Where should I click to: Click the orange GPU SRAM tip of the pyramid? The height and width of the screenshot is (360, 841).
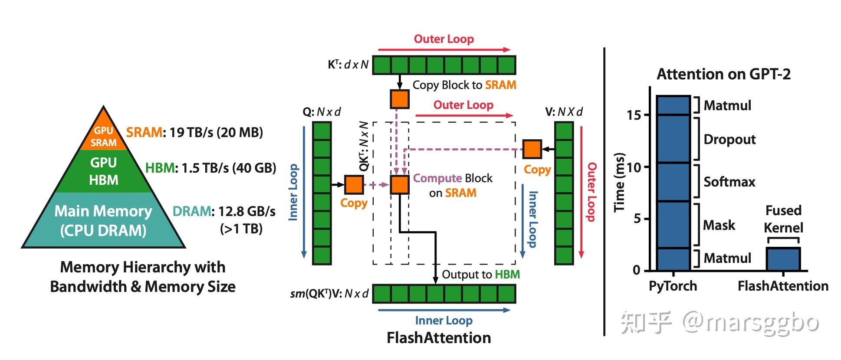click(x=104, y=132)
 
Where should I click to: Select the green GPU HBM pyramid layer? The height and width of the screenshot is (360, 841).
click(x=104, y=171)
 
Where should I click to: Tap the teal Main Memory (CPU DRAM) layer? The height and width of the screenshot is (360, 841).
click(x=104, y=220)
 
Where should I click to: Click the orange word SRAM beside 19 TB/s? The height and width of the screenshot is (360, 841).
click(x=144, y=132)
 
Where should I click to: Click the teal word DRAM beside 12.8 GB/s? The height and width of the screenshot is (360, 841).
click(x=192, y=211)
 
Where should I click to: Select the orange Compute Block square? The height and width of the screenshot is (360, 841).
click(x=400, y=185)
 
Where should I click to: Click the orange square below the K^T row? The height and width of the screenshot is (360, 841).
click(x=400, y=99)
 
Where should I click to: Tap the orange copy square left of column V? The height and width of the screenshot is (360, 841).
click(x=532, y=149)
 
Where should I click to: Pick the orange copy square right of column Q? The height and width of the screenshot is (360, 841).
click(x=354, y=185)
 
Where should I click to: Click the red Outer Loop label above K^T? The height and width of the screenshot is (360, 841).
click(x=443, y=39)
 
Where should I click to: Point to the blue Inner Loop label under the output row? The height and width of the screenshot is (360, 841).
click(x=443, y=321)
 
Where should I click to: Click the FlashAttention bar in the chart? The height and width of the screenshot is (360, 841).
click(x=783, y=259)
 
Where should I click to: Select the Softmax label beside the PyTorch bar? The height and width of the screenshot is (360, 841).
click(x=729, y=182)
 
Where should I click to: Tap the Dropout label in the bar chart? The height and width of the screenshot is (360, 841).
click(x=729, y=139)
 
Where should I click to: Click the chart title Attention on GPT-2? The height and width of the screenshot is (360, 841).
click(x=723, y=74)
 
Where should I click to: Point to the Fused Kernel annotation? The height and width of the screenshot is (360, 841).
click(x=783, y=219)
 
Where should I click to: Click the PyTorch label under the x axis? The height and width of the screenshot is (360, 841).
click(x=673, y=286)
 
